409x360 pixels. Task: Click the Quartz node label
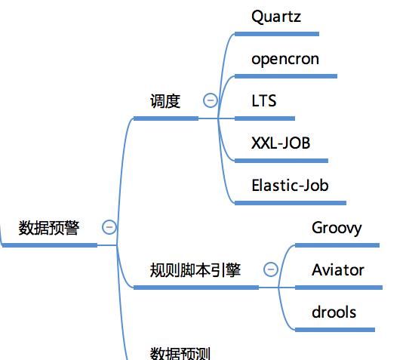276,17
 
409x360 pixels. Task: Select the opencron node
285,59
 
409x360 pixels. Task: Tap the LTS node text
264,101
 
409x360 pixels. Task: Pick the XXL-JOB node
281,143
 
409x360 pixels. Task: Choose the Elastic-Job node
290,186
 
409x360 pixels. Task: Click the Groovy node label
337,228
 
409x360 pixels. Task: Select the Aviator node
338,270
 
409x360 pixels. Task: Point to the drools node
334,312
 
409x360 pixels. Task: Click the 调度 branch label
165,101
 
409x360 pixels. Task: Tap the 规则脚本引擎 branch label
195,270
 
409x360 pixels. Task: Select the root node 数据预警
48,228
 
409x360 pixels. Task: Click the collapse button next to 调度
211,100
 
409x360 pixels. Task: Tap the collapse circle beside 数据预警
109,227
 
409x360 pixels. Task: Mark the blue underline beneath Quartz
276,34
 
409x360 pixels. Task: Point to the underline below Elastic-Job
290,202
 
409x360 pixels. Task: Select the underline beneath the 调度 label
165,118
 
